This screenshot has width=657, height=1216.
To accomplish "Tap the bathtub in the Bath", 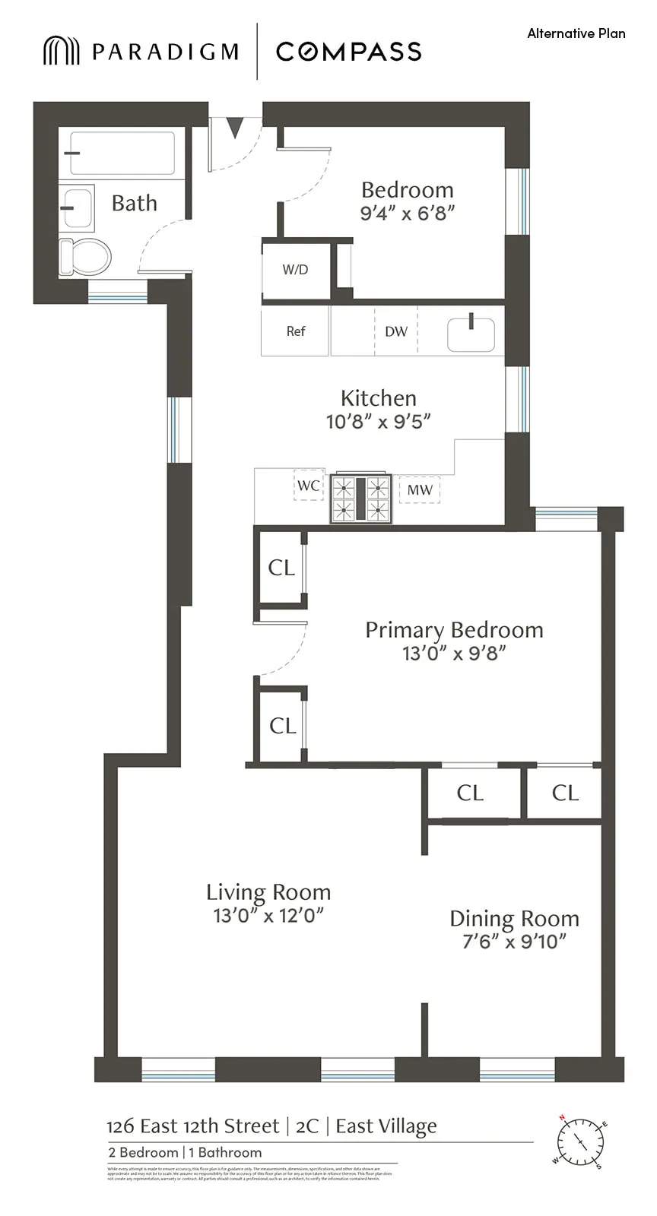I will click(x=122, y=154).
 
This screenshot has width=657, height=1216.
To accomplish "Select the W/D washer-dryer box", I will click(x=295, y=270).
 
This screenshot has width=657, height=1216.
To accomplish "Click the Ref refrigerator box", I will click(x=295, y=331).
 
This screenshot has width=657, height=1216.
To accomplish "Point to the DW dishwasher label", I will click(x=396, y=331).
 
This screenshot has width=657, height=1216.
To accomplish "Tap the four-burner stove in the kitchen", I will click(x=360, y=499).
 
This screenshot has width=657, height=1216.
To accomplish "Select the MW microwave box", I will click(x=420, y=490).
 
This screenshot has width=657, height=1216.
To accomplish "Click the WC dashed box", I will click(x=309, y=486).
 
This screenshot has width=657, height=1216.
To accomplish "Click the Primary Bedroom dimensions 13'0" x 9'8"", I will click(x=454, y=653).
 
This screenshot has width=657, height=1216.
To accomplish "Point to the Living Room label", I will click(x=268, y=892).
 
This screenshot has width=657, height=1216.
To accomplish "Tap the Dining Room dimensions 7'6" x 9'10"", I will click(x=514, y=942).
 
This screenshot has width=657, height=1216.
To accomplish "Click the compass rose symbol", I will click(x=580, y=1142).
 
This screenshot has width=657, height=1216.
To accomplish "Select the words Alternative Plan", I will click(x=576, y=33).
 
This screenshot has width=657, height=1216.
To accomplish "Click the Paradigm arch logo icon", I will click(x=61, y=51).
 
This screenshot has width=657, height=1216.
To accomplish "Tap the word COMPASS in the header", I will click(x=348, y=52).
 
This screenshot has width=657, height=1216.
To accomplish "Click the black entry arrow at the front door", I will click(x=235, y=127).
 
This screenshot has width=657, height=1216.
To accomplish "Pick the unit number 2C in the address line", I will click(x=307, y=1126).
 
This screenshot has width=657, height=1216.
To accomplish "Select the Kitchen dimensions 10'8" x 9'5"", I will click(x=378, y=421).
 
